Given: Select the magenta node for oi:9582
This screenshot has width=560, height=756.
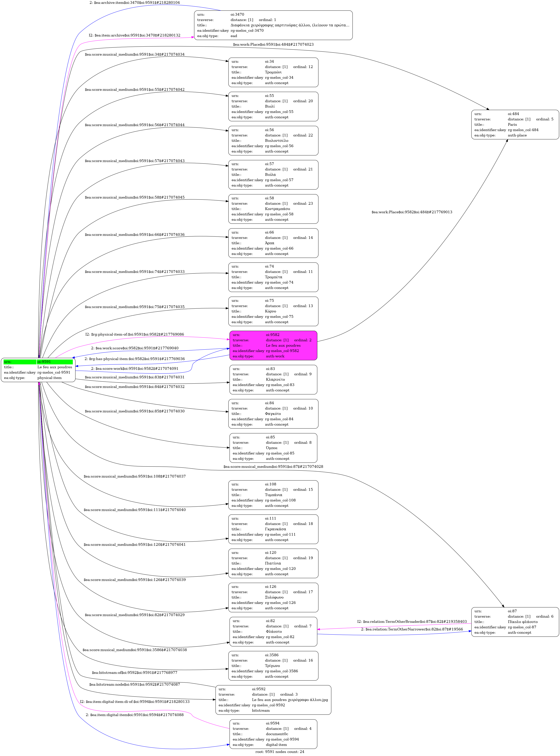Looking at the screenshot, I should pos(273,346).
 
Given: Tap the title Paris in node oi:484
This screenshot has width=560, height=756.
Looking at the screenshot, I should pos(512,125).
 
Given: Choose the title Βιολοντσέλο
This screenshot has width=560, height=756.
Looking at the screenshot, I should pos(277,140).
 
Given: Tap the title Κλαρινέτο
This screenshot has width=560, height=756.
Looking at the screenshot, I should pos(275,379).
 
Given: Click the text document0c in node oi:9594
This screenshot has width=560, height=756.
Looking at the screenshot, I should pos(277,734).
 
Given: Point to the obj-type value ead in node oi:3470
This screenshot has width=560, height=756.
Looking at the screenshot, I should pos(234,36).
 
